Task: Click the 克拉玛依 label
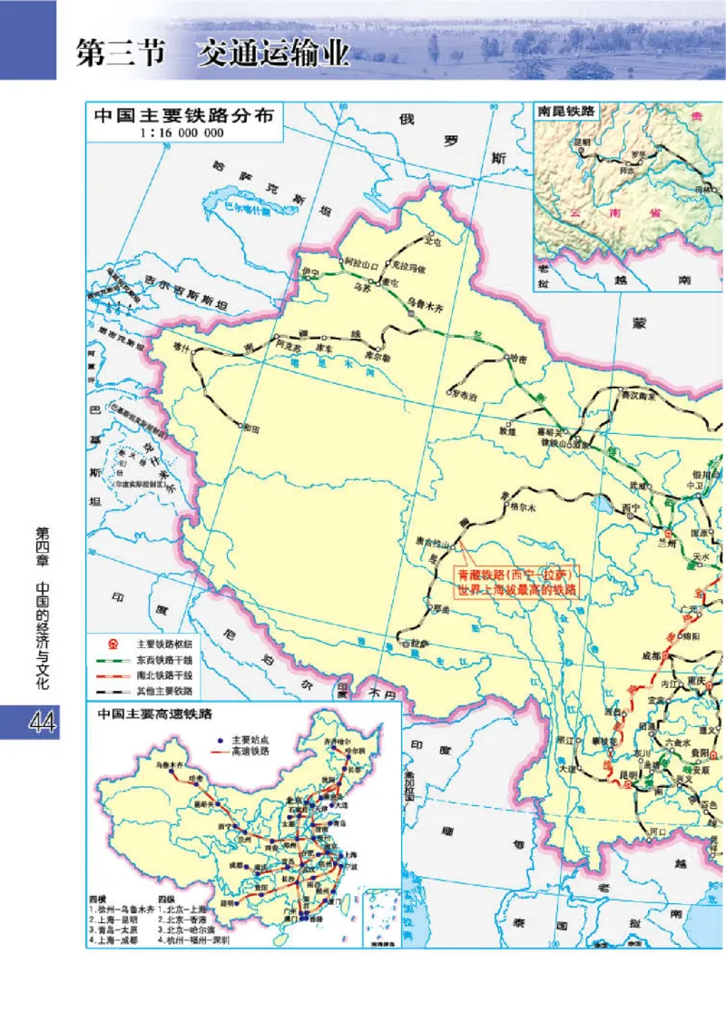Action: click(408, 267)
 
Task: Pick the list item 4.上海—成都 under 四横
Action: click(119, 940)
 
